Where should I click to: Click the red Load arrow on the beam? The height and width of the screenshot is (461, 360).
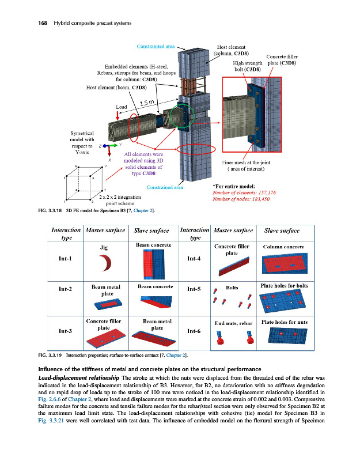[x=125, y=115]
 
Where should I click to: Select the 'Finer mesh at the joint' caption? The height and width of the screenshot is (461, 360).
[x=247, y=163]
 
